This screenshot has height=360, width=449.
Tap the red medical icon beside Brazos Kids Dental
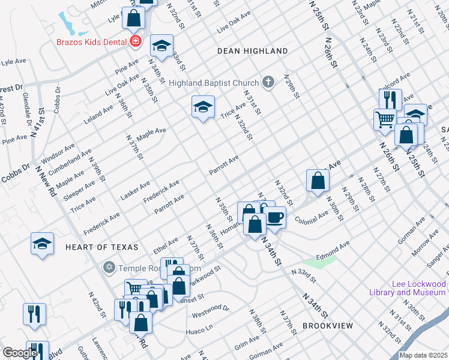click(136, 41)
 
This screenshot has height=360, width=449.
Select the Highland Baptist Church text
click(214, 82)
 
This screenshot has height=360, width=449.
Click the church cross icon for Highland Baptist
click(269, 82)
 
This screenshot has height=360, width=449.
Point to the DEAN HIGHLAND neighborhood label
click(252, 52)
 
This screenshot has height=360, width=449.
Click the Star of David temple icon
click(109, 266)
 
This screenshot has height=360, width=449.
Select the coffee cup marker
click(276, 217)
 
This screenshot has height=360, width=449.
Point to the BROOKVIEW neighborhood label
click(327, 325)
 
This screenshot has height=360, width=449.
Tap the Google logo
click(20, 353)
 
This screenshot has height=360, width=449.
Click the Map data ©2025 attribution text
click(423, 355)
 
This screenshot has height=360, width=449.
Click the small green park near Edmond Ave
click(318, 262)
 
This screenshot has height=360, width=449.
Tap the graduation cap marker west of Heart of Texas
click(42, 244)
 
